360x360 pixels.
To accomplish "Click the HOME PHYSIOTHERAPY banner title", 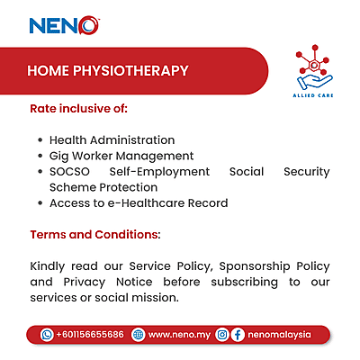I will (107, 70).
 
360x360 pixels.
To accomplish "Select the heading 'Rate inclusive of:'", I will (79, 108).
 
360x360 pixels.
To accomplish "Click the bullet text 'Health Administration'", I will (112, 140).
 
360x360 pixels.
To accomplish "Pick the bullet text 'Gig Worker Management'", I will (121, 156).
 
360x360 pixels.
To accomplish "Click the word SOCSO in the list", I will (70, 171).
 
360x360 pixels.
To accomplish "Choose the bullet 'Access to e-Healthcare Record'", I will (138, 202).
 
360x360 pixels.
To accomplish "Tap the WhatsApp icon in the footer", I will (47, 334).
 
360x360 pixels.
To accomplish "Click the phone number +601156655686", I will (89, 334).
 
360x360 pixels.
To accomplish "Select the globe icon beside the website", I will (138, 334).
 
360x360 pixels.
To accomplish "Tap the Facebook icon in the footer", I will (238, 334).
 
